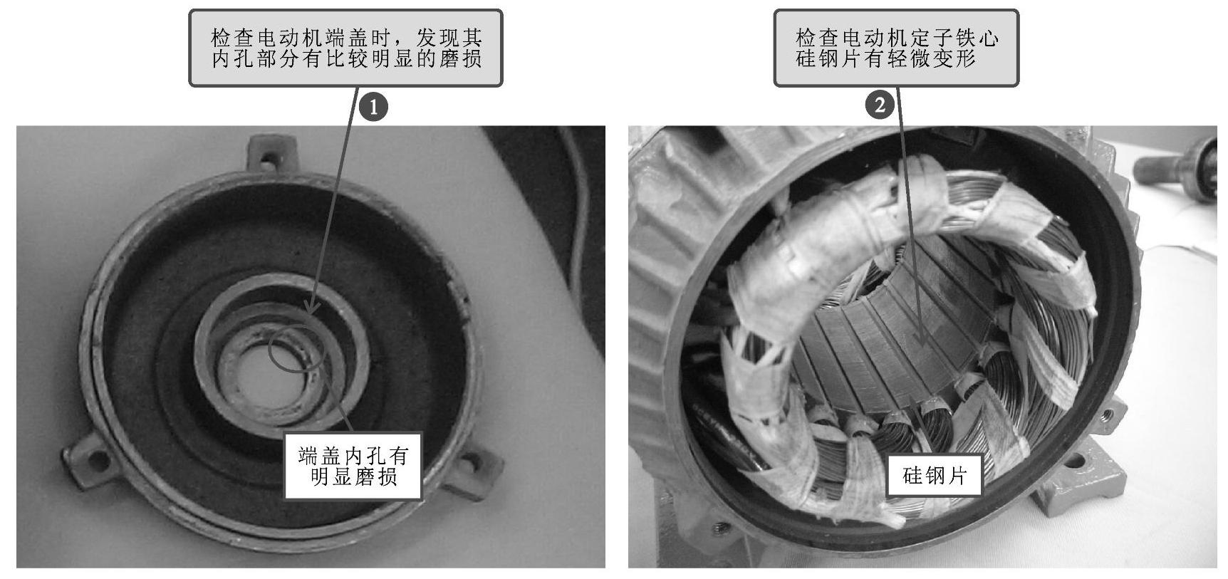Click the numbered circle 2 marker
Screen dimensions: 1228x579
[880, 105]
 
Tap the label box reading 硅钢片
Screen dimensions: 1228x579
[935, 475]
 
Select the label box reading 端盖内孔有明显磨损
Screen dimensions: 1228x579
[353, 465]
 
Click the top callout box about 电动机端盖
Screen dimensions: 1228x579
[345, 48]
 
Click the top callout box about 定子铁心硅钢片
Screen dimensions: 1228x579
[897, 48]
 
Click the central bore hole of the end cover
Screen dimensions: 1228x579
[271, 377]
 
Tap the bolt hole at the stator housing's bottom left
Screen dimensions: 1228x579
[717, 528]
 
